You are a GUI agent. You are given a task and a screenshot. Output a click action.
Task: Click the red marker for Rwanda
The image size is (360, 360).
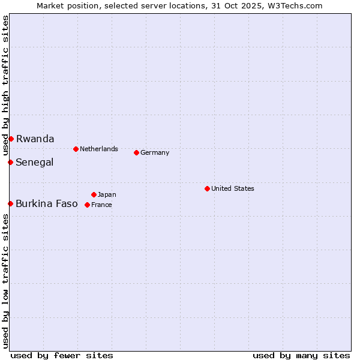tap(11, 139)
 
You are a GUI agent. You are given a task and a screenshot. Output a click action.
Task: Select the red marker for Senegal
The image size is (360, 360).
tap(10, 162)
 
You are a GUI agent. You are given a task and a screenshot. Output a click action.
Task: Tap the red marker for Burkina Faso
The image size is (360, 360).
tap(10, 203)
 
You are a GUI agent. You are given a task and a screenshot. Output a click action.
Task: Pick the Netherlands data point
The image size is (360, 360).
tap(76, 149)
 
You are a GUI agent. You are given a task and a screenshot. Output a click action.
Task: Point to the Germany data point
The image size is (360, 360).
tap(136, 152)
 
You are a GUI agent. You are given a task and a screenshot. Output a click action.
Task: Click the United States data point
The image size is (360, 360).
tap(207, 188)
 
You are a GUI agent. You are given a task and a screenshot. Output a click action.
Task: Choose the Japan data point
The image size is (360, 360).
tap(94, 194)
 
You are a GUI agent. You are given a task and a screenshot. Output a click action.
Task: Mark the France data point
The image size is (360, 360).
tap(87, 205)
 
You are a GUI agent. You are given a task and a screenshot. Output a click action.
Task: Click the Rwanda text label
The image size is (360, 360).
tap(35, 139)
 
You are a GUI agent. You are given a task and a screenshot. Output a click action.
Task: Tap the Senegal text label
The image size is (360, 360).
tap(34, 162)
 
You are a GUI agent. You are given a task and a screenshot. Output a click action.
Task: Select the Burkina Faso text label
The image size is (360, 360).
tap(46, 203)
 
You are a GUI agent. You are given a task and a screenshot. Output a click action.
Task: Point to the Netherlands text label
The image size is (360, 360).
tap(98, 149)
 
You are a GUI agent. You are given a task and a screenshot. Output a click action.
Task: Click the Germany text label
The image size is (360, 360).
tap(155, 152)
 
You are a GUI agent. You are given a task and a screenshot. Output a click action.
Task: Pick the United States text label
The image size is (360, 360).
tap(232, 188)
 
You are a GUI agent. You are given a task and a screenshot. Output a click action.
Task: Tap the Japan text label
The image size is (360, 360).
tap(107, 194)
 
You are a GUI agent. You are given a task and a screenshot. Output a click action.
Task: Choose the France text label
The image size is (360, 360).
tap(101, 205)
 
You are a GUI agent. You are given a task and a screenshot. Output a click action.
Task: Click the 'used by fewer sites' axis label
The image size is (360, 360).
tap(62, 355)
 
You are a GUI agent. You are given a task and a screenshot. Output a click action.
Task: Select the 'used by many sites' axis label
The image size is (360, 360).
tap(301, 355)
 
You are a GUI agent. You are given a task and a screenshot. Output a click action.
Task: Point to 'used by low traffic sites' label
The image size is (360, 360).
tap(5, 281)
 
